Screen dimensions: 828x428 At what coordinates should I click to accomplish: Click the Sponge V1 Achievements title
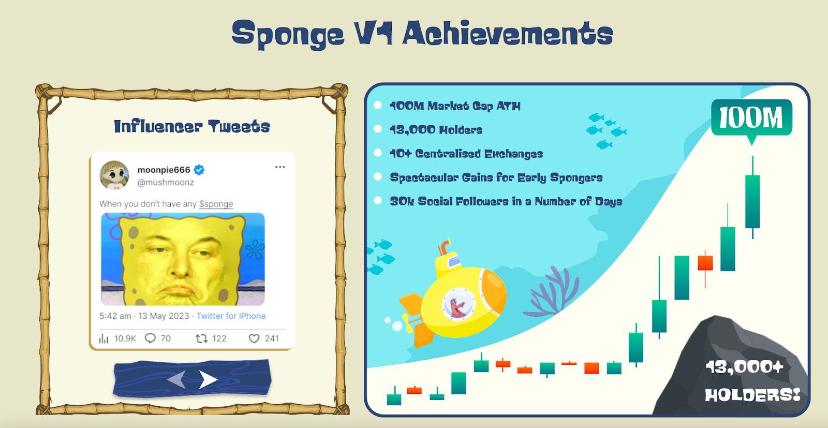tap(422, 34)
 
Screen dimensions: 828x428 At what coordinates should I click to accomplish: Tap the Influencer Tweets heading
tap(192, 126)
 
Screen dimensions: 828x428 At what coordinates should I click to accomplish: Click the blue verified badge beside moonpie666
tap(199, 170)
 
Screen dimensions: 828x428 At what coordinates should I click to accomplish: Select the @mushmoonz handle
tap(166, 182)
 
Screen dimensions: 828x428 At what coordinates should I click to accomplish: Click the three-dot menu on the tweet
tap(280, 167)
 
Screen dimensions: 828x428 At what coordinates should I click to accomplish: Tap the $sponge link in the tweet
tap(216, 204)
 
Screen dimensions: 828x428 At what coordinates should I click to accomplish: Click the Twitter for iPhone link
tap(231, 316)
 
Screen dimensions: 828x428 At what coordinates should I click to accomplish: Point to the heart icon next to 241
tap(254, 338)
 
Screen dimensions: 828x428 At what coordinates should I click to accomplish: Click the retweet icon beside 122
tap(201, 338)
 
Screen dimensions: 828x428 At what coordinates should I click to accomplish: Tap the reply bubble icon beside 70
tap(150, 338)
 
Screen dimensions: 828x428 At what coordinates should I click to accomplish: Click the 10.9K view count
tap(125, 338)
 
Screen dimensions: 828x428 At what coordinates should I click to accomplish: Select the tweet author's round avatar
tap(114, 175)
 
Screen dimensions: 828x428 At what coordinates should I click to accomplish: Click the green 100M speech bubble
tap(751, 119)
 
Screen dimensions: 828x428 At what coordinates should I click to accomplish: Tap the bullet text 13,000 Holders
tap(436, 130)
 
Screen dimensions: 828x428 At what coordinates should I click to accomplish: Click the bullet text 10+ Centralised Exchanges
tap(466, 154)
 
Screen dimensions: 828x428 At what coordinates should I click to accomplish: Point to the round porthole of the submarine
tap(459, 304)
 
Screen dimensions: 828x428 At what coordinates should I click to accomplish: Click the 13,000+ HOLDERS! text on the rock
tap(752, 381)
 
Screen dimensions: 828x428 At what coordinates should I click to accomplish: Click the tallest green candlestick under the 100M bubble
tap(752, 201)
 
